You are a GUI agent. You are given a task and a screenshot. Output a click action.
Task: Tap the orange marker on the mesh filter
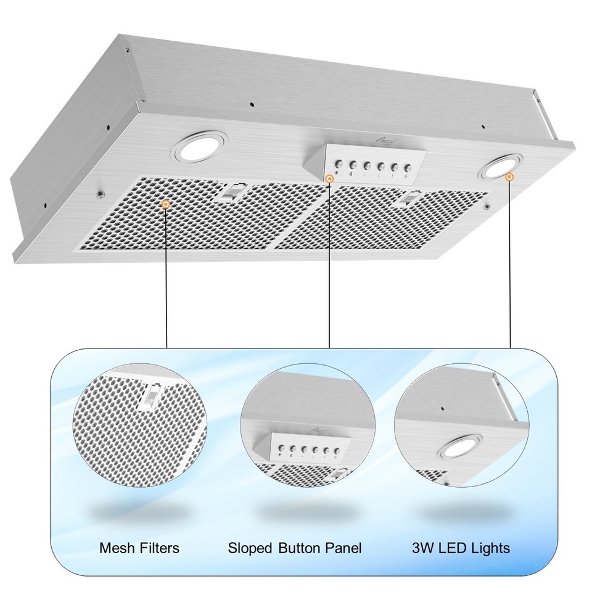tap(166, 203)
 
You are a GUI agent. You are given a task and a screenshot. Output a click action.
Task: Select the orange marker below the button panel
tap(330, 179)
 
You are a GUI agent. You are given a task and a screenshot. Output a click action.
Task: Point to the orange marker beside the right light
tap(509, 177)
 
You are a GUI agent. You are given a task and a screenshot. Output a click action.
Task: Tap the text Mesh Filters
tap(139, 548)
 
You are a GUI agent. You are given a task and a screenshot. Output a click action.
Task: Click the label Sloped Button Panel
tap(295, 548)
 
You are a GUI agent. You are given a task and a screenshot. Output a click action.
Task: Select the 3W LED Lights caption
tap(461, 548)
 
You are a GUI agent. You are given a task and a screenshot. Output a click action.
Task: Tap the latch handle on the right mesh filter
tap(407, 199)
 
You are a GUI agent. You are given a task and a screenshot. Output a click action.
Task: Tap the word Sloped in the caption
tap(250, 548)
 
